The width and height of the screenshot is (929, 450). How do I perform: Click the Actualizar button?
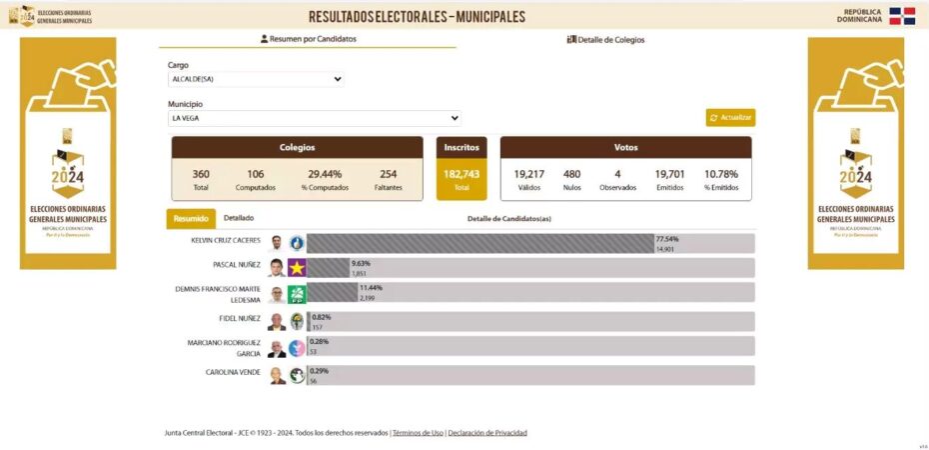pyautogui.click(x=730, y=118)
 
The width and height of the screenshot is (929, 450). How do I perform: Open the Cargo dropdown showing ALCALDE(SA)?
pyautogui.click(x=256, y=79)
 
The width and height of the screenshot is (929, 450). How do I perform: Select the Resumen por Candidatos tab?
pyautogui.click(x=308, y=39)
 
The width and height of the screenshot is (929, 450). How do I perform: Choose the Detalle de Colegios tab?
pyautogui.click(x=605, y=40)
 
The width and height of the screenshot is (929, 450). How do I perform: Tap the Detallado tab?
pyautogui.click(x=239, y=218)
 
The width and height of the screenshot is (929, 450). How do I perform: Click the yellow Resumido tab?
pyautogui.click(x=191, y=219)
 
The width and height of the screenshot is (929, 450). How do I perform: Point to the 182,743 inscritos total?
pyautogui.click(x=462, y=174)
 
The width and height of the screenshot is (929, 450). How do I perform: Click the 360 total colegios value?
pyautogui.click(x=201, y=174)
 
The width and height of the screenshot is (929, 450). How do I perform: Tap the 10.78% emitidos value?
pyautogui.click(x=721, y=174)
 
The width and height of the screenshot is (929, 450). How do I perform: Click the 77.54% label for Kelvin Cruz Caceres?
pyautogui.click(x=666, y=239)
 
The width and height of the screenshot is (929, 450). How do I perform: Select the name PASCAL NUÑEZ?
pyautogui.click(x=237, y=265)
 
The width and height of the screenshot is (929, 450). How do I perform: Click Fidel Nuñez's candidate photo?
pyautogui.click(x=277, y=321)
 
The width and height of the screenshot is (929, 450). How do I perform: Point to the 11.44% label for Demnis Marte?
pyautogui.click(x=371, y=288)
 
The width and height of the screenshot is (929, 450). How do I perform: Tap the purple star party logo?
pyautogui.click(x=297, y=268)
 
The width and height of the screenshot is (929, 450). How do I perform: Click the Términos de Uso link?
pyautogui.click(x=418, y=433)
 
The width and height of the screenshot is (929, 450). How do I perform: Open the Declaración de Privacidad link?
pyautogui.click(x=487, y=433)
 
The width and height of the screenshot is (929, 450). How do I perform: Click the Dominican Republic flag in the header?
pyautogui.click(x=902, y=15)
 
